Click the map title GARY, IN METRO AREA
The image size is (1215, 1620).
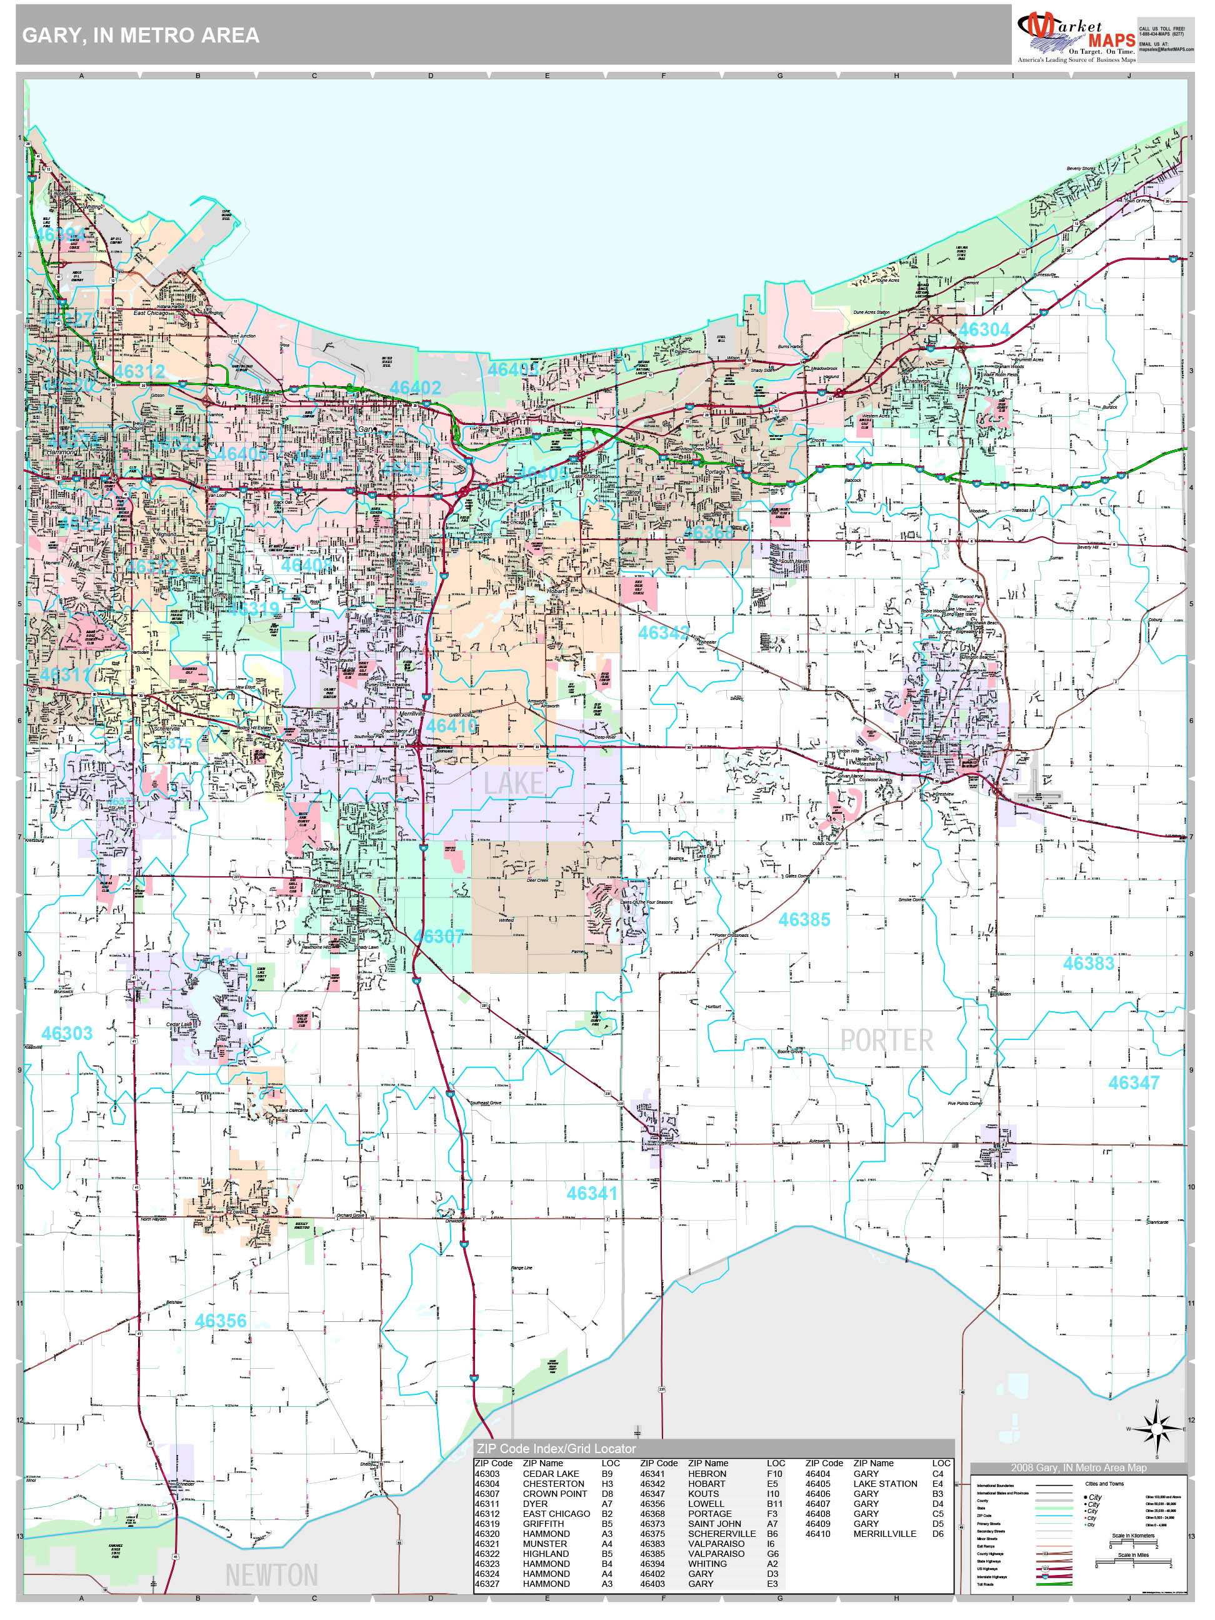click(x=141, y=35)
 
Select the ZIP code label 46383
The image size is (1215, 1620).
click(x=1088, y=964)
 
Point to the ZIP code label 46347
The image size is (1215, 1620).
click(x=1133, y=1083)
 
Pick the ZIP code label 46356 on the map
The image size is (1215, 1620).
click(x=221, y=1321)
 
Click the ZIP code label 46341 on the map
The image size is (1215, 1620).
click(x=592, y=1194)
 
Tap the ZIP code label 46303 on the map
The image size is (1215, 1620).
click(x=67, y=1033)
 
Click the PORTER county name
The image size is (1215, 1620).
click(x=886, y=1041)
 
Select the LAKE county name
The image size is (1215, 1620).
click(x=513, y=784)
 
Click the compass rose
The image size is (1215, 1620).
click(x=1157, y=1429)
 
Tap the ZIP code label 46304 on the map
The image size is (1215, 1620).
click(x=984, y=329)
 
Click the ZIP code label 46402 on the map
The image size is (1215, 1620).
click(x=415, y=387)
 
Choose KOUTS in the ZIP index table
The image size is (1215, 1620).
click(x=703, y=1493)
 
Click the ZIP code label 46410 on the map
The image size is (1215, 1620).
click(x=452, y=726)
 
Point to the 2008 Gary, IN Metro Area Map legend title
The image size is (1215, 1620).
click(x=1079, y=1467)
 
